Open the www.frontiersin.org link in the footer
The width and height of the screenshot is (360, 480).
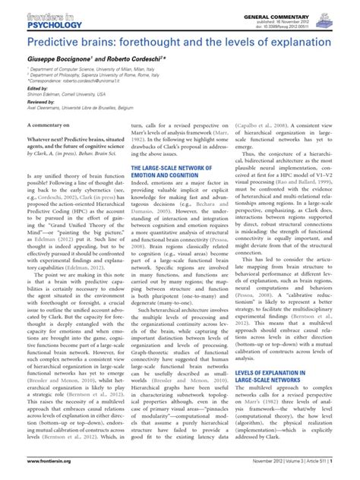click(x=33, y=472)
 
